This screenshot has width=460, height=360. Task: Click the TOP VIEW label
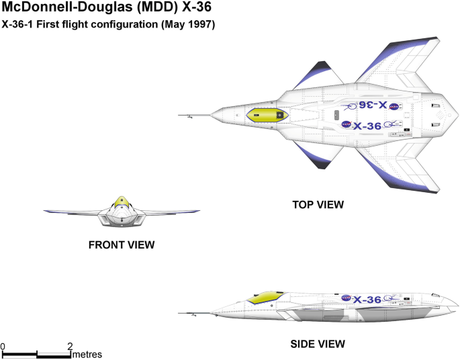318,204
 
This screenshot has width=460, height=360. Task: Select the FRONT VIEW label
122,245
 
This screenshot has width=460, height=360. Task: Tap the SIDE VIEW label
318,344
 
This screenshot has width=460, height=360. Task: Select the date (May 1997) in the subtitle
189,26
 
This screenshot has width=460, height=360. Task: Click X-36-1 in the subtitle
19,26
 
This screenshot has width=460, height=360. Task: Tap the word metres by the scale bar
87,354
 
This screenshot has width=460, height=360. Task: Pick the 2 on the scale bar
70,346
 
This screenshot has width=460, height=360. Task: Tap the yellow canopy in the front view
121,201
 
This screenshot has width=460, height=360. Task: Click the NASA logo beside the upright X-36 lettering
345,124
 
